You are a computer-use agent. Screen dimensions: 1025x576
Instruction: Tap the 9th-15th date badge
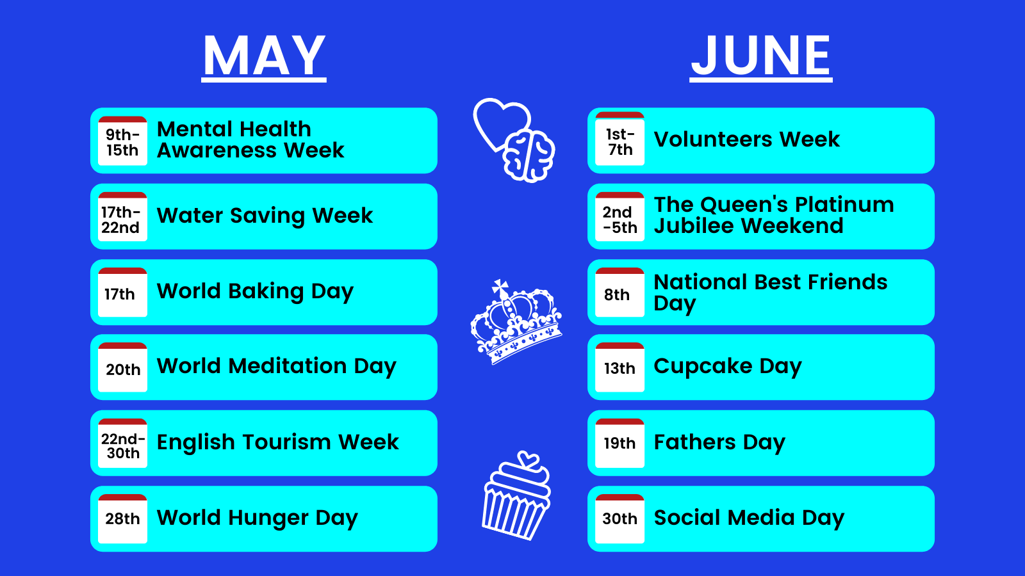pos(122,141)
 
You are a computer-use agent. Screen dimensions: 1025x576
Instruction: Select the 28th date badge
pos(122,519)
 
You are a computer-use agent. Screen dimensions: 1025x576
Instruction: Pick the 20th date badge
pos(122,367)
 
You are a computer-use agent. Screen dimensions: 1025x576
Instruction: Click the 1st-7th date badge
pos(620,138)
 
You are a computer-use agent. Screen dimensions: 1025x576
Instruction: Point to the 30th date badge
pos(620,519)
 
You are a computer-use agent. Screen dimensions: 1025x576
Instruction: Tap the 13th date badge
pos(620,367)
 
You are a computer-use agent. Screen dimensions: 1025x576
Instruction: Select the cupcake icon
pos(516,496)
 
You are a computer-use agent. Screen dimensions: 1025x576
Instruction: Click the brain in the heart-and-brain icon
pos(529,156)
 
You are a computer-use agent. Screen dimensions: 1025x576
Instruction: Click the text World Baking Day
pos(255,292)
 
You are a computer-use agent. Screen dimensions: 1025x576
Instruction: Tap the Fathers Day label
pos(719,442)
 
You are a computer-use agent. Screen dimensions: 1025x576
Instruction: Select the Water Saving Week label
pos(265,215)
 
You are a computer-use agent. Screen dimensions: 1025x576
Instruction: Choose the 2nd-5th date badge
pos(620,217)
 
